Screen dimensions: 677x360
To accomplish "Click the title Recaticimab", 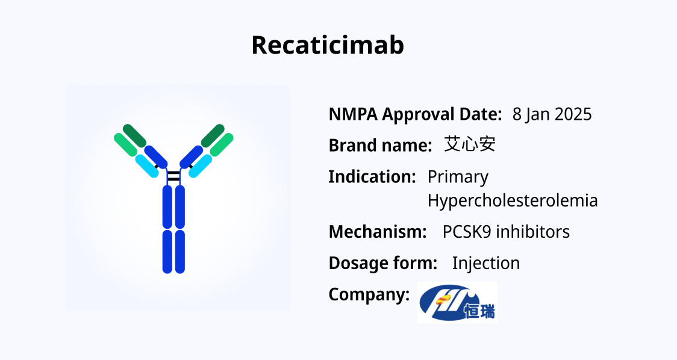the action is [x=328, y=45].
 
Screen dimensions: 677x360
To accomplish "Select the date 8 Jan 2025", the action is [x=552, y=114].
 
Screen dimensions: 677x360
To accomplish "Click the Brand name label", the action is [x=381, y=146].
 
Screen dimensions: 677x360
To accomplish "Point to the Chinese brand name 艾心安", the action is [x=470, y=144].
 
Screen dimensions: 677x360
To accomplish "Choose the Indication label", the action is [x=372, y=177].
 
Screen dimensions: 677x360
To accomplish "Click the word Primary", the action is [x=458, y=178].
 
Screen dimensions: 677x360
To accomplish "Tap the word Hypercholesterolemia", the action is [x=513, y=200].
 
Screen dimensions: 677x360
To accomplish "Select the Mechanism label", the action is [x=378, y=232].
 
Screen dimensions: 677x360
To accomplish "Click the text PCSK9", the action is [x=466, y=232].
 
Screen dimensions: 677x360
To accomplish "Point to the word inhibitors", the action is [x=533, y=232].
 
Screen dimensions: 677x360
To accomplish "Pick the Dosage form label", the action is [x=383, y=263].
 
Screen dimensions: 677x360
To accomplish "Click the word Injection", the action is [x=485, y=263].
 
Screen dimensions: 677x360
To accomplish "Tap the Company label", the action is [x=369, y=295].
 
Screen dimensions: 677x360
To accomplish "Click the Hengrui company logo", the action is [x=457, y=302].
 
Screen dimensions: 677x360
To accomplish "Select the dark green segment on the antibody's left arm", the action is [x=134, y=135].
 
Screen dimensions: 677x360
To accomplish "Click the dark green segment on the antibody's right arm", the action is [x=213, y=135].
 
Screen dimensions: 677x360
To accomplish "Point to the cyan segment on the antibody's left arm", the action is [x=147, y=166].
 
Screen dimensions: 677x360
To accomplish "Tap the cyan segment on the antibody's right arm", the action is [x=201, y=166].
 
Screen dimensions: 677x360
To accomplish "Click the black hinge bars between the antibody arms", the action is [x=173, y=176].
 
